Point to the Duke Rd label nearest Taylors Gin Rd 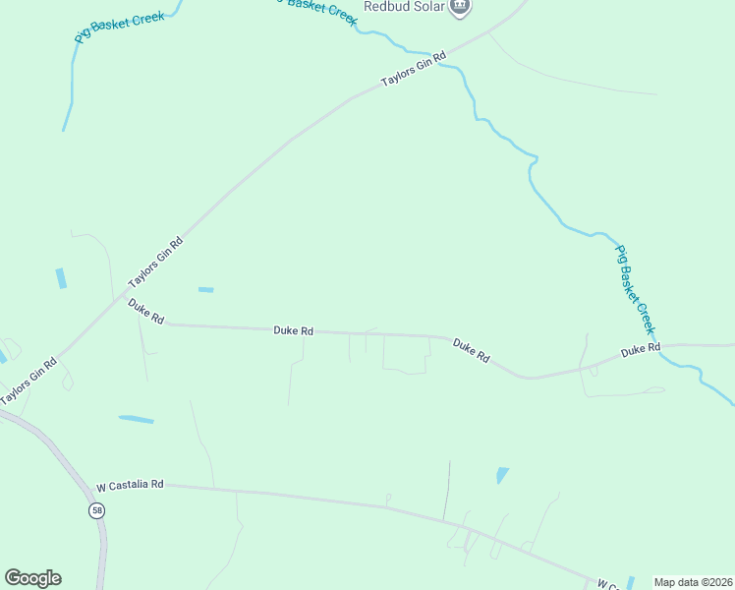(145, 311)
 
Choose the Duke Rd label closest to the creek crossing (640, 349)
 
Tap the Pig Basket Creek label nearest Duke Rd (634, 290)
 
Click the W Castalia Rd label (129, 486)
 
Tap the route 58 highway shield (96, 510)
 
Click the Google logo (32, 577)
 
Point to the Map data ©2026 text (693, 582)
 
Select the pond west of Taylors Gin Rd (61, 278)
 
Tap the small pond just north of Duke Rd (205, 289)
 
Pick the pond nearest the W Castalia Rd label (137, 420)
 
